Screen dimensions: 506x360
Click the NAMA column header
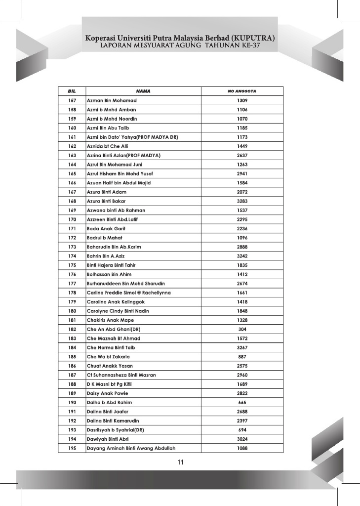tap(143, 91)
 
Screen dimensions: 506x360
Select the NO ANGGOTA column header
tap(242, 91)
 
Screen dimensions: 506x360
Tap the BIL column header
tap(72, 91)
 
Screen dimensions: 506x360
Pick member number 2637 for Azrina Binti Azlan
tap(242, 155)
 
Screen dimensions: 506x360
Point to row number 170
tap(72, 219)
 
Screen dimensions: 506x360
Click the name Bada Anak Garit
tap(106, 228)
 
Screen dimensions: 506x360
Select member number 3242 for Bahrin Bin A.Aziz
tap(242, 256)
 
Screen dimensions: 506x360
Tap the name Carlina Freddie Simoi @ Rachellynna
tap(129, 293)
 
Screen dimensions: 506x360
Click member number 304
tap(242, 329)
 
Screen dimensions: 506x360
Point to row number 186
tap(72, 366)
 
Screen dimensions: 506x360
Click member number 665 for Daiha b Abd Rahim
tap(242, 402)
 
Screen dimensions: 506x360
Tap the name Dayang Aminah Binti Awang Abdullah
tap(131, 448)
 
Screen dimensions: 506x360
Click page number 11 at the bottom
tap(180, 463)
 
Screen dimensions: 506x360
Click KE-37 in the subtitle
tap(249, 45)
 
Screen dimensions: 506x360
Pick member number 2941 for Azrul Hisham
tap(242, 173)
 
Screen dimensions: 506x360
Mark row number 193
tap(72, 430)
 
